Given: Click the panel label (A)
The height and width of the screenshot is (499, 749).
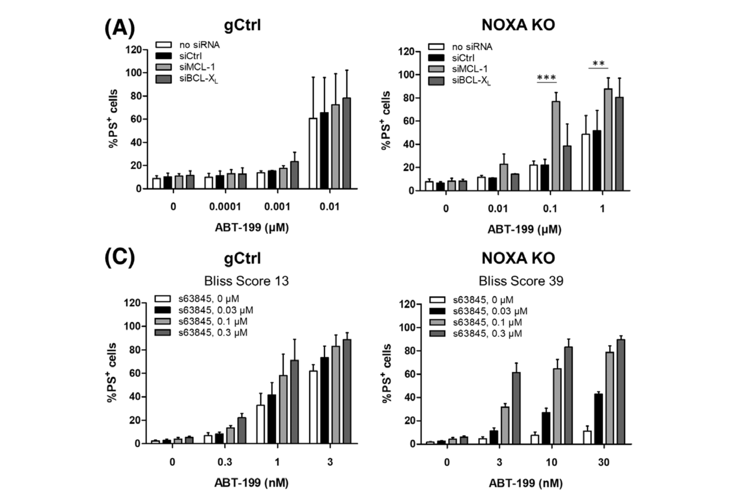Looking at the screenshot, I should pyautogui.click(x=119, y=28).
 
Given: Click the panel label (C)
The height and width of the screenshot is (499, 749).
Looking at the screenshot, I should pyautogui.click(x=119, y=258).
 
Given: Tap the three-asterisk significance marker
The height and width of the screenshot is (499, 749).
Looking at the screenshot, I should pyautogui.click(x=547, y=77).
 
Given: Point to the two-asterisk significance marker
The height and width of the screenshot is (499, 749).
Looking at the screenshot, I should pyautogui.click(x=598, y=63).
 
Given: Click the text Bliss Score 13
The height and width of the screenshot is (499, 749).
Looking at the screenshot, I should pyautogui.click(x=246, y=281).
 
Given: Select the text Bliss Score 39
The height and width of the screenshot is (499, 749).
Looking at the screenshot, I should pyautogui.click(x=521, y=281).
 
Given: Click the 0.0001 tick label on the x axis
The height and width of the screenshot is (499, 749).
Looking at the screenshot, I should pyautogui.click(x=225, y=207).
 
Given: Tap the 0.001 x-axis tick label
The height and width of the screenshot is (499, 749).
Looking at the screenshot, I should pyautogui.click(x=277, y=207).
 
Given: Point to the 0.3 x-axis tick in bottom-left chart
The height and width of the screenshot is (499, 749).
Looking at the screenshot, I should pyautogui.click(x=225, y=462).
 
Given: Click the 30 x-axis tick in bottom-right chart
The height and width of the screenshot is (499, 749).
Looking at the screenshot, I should pyautogui.click(x=603, y=462).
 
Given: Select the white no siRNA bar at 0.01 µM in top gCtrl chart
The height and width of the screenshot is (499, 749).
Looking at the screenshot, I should pyautogui.click(x=313, y=153).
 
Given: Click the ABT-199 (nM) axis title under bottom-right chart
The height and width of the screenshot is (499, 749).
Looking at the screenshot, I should pyautogui.click(x=525, y=483).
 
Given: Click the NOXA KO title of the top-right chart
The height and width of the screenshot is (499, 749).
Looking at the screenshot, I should pyautogui.click(x=518, y=25).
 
